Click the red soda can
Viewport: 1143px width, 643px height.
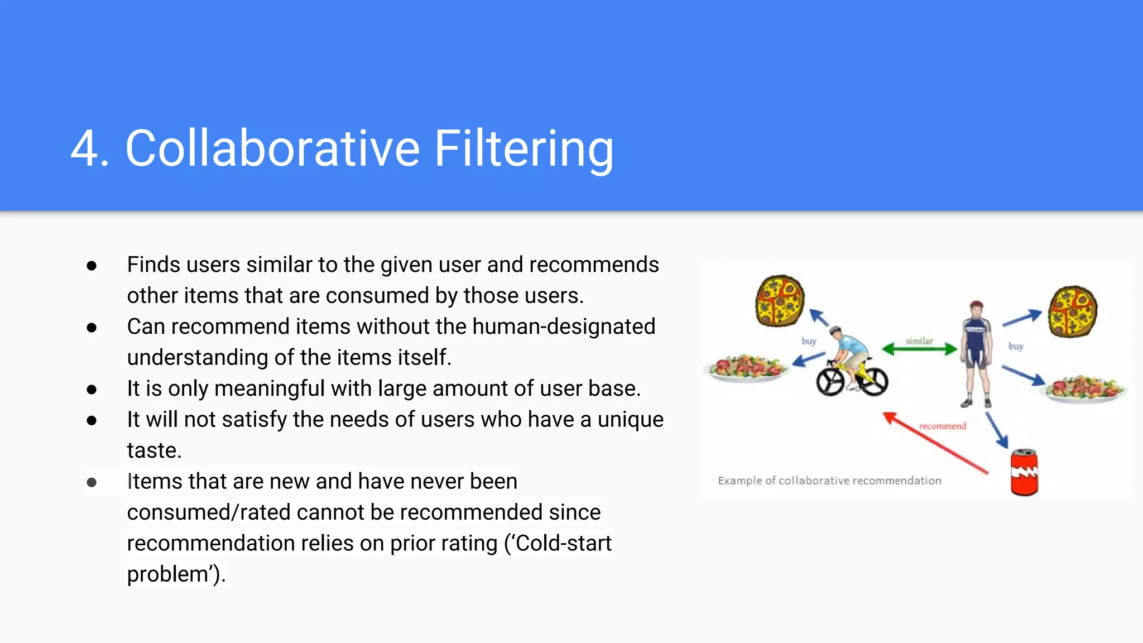1024,472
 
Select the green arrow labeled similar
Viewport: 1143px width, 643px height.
919,349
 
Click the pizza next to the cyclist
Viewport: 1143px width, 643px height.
780,300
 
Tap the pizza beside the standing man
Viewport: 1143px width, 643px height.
1073,311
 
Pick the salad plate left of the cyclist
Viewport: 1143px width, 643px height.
746,368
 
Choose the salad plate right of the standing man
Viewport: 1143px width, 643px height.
1085,388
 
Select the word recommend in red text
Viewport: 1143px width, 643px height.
942,426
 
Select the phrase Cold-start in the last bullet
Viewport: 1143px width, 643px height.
563,543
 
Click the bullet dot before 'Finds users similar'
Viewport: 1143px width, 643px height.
92,266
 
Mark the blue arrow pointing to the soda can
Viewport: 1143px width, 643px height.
997,430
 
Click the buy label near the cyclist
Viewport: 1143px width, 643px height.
809,341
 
